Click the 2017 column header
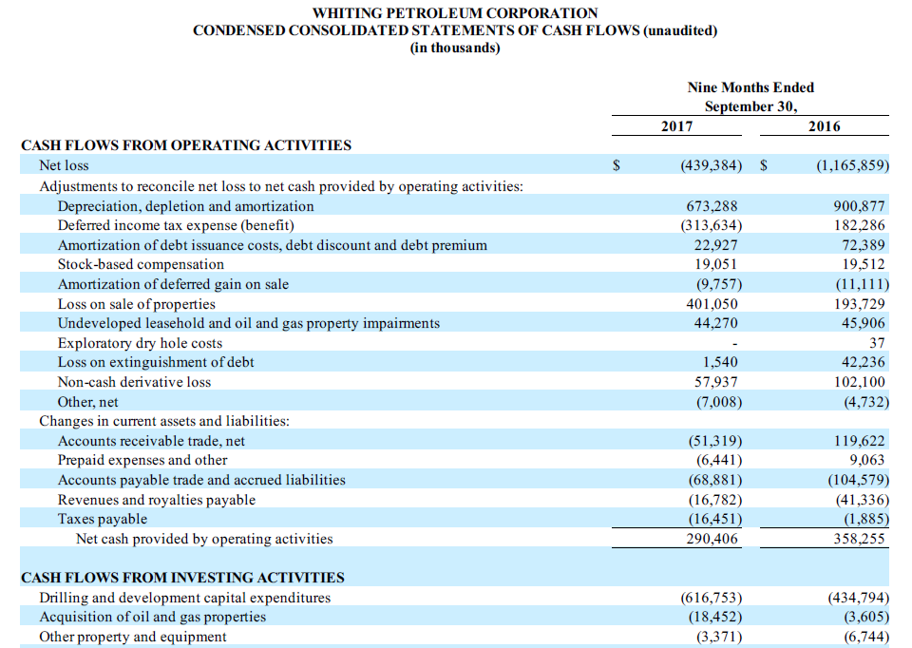click(675, 126)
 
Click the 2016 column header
click(824, 126)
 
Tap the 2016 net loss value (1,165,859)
click(852, 165)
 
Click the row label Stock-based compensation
click(141, 264)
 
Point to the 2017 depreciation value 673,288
click(712, 206)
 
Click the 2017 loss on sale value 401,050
click(712, 304)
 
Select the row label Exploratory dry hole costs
click(140, 343)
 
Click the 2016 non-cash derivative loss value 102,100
click(858, 382)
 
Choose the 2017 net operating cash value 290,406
click(712, 539)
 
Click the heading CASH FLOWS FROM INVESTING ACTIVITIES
click(182, 578)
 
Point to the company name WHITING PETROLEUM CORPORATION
click(455, 13)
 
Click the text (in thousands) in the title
click(455, 48)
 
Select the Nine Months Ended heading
click(750, 87)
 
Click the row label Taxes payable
click(103, 519)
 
